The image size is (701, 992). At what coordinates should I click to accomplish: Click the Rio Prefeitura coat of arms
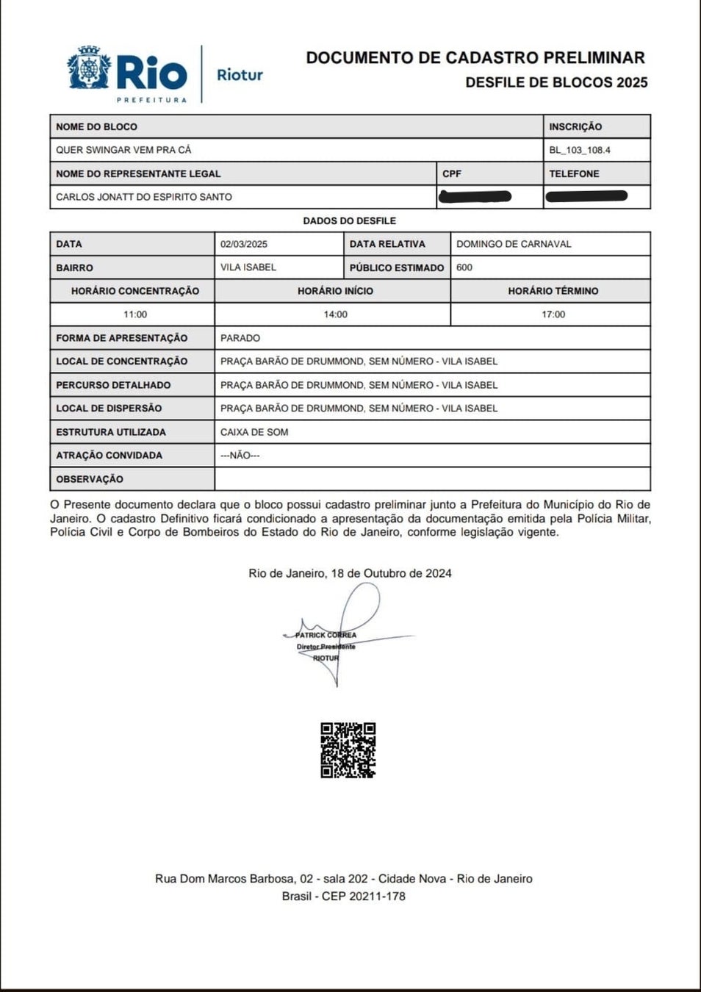pyautogui.click(x=89, y=68)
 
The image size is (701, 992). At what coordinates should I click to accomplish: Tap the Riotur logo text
pyautogui.click(x=240, y=75)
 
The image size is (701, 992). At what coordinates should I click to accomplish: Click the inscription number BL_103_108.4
pyautogui.click(x=580, y=150)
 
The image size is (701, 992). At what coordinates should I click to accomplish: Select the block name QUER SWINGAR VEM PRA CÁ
pyautogui.click(x=123, y=150)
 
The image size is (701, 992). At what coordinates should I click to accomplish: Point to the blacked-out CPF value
pyautogui.click(x=475, y=196)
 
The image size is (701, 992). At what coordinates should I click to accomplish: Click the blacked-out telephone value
pyautogui.click(x=586, y=196)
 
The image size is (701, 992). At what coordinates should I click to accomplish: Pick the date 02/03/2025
pyautogui.click(x=244, y=244)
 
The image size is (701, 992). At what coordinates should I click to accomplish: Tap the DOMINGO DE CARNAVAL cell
pyautogui.click(x=514, y=244)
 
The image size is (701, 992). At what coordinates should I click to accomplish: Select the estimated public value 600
pyautogui.click(x=464, y=267)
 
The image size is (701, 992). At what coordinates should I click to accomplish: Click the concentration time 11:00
pyautogui.click(x=135, y=315)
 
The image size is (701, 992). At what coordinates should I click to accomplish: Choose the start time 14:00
pyautogui.click(x=336, y=315)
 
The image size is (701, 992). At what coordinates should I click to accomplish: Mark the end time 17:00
pyautogui.click(x=553, y=315)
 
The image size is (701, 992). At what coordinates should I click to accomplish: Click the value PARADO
pyautogui.click(x=240, y=338)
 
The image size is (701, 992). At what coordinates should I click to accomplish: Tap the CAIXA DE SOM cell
pyautogui.click(x=254, y=432)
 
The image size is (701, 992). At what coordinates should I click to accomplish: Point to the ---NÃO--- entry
pyautogui.click(x=240, y=456)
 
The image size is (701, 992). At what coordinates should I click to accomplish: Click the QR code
pyautogui.click(x=348, y=750)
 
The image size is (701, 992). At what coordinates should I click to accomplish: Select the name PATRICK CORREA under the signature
pyautogui.click(x=326, y=635)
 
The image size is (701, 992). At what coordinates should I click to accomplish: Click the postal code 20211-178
pyautogui.click(x=377, y=896)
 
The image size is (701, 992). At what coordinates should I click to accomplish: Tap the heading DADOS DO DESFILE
pyautogui.click(x=350, y=220)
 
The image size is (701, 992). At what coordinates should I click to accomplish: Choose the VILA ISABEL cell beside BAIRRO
pyautogui.click(x=248, y=267)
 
